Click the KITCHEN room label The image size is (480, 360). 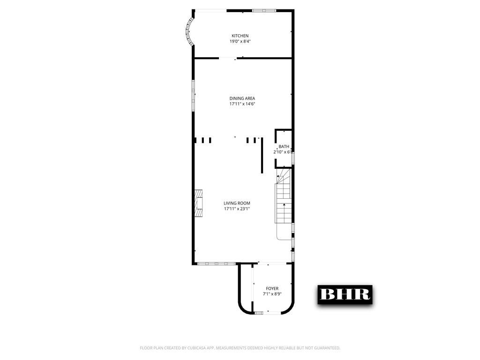240,36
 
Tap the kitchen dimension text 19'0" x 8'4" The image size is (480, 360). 240,42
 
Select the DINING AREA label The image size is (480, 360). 242,98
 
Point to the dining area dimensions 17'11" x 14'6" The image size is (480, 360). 242,104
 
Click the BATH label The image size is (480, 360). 284,147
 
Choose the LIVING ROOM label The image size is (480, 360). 237,203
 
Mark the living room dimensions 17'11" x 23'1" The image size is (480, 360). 237,209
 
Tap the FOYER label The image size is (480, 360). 272,288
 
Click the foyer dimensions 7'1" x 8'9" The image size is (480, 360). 272,294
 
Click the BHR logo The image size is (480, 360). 345,294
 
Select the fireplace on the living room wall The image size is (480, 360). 199,203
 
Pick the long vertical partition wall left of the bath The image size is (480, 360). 262,155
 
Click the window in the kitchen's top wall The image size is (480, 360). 264,10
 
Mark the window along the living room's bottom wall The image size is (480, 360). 216,263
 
